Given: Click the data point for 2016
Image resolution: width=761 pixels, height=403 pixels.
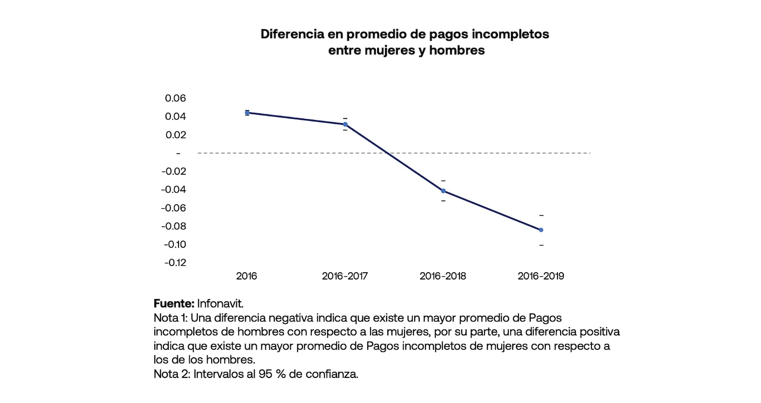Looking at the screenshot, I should point(247,113).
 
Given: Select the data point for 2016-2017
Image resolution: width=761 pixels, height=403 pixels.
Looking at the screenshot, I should point(345,124).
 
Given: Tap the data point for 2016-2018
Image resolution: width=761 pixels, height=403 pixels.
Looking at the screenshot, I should point(443,191).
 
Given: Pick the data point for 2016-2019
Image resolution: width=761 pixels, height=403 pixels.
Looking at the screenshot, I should point(541,230).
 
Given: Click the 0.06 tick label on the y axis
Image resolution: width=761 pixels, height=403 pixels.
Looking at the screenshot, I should point(175,98).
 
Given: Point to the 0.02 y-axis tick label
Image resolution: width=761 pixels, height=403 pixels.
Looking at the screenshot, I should point(175,135).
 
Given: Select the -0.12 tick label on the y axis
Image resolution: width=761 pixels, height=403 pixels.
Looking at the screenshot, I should point(175,262).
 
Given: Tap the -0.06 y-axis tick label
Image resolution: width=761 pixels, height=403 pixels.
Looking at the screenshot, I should point(174,208).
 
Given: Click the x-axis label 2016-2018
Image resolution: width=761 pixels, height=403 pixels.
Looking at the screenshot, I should point(442,276).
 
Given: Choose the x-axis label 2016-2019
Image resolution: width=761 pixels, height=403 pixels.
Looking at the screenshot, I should point(540,276).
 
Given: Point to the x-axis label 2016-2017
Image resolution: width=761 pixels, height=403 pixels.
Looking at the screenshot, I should point(344,276).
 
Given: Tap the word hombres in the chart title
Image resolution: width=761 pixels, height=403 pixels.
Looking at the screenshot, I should point(457,50).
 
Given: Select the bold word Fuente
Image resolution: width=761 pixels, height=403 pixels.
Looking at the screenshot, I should point(174,304).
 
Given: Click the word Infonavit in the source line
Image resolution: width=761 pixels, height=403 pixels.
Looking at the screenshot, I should point(220,304).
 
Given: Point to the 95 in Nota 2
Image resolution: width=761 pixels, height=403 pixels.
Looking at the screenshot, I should point(265,374).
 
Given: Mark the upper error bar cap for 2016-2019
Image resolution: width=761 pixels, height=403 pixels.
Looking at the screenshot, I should point(541,216).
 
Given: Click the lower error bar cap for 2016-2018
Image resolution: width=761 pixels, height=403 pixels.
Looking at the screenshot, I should point(443,201).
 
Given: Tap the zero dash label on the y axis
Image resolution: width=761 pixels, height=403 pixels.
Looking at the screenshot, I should point(178,154).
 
